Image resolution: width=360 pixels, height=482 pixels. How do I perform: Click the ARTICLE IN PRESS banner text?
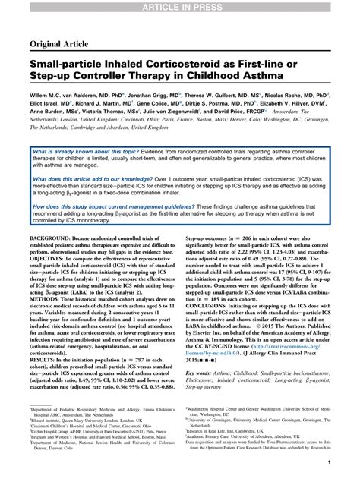click(180, 6)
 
